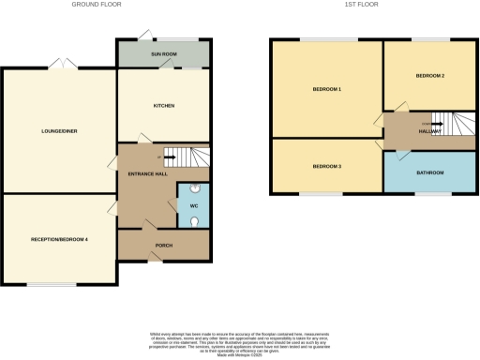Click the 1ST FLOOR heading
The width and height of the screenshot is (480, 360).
pos(359,5)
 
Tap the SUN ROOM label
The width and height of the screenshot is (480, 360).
pos(164,55)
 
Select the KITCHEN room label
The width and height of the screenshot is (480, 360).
pos(164,105)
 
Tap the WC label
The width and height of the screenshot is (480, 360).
pos(192,205)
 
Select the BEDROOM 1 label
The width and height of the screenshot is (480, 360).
pos(327,90)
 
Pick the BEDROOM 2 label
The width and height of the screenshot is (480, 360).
pos(430,75)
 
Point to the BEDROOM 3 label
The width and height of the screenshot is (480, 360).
pos(327,166)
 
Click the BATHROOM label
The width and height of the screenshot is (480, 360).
pos(430,172)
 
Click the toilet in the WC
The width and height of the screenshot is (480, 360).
pos(191,222)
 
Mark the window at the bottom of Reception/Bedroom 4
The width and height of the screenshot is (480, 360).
pos(51,284)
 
